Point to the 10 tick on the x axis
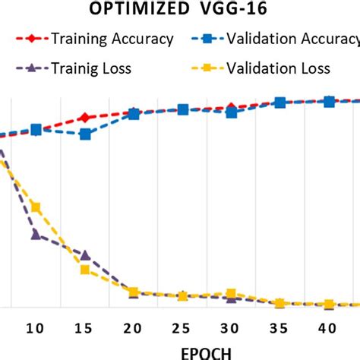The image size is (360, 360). point(35,327)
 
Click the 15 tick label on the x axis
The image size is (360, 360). point(84,327)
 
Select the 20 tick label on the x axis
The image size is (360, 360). point(134,327)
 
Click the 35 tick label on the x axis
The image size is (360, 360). point(280,327)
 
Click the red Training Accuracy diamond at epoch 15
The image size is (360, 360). point(85,118)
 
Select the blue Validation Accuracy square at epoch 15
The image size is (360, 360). point(85,134)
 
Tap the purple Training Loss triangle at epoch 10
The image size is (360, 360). point(36,234)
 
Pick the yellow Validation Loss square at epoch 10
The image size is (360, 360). point(36,207)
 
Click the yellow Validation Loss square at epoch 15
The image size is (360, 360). point(85,270)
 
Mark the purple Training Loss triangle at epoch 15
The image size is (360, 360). point(85,255)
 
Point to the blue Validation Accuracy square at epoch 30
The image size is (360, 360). point(232,112)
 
